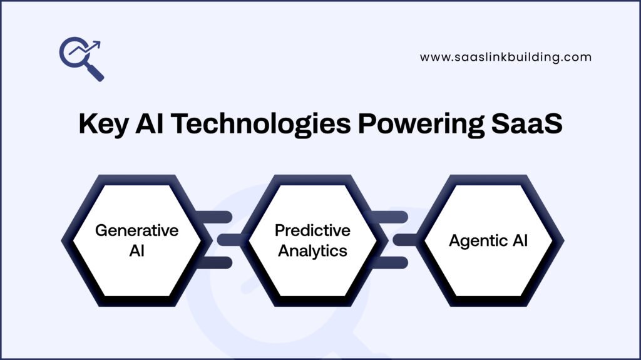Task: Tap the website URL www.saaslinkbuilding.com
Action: (x=505, y=57)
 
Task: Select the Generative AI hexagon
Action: (x=136, y=240)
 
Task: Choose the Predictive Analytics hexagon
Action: (x=312, y=240)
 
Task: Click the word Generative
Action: (x=136, y=230)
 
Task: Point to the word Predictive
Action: (x=312, y=230)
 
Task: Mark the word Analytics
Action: (x=312, y=250)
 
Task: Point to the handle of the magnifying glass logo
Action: (x=95, y=72)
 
